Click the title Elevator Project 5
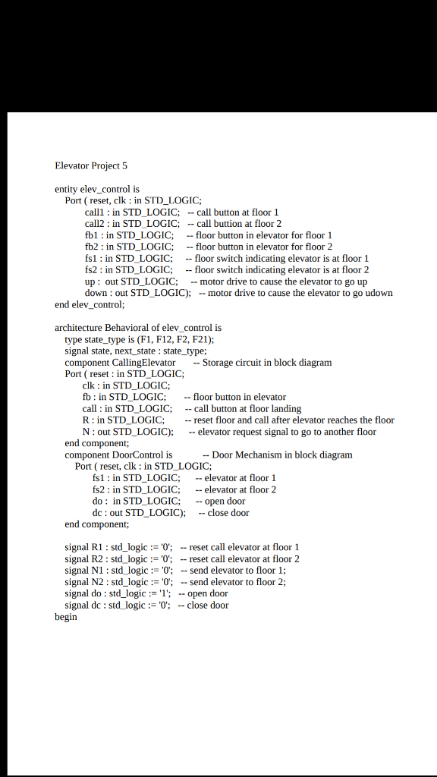click(x=91, y=165)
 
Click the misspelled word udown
click(x=380, y=293)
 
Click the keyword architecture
click(x=79, y=328)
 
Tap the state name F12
click(x=165, y=339)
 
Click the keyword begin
click(x=66, y=617)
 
